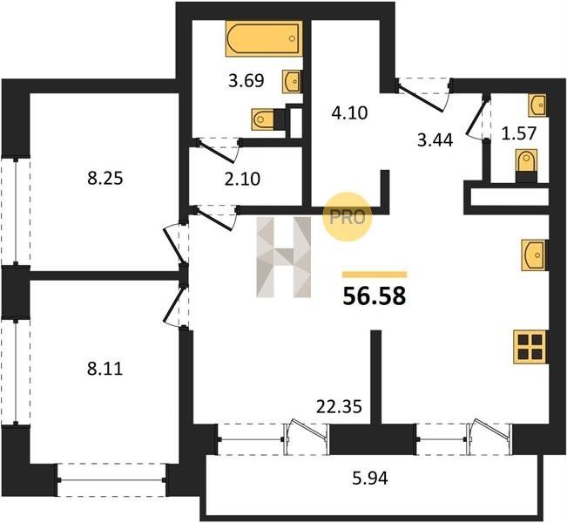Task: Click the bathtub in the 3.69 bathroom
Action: pyautogui.click(x=264, y=38)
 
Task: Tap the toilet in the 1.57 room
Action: pyautogui.click(x=526, y=166)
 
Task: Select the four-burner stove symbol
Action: pyautogui.click(x=530, y=346)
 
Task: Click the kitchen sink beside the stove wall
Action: pyautogui.click(x=534, y=255)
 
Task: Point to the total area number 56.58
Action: pyautogui.click(x=375, y=295)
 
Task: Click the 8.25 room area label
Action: pyautogui.click(x=105, y=179)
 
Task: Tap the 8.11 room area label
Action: pyautogui.click(x=105, y=370)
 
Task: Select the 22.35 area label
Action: pyautogui.click(x=339, y=407)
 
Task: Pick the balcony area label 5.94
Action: pyautogui.click(x=370, y=479)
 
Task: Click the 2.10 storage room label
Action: pyautogui.click(x=242, y=179)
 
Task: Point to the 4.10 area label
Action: pyautogui.click(x=349, y=113)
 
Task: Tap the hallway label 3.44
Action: pyautogui.click(x=435, y=140)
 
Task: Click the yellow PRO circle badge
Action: pyautogui.click(x=348, y=217)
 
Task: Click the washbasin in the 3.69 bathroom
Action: pyautogui.click(x=292, y=81)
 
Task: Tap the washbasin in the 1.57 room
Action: pyautogui.click(x=537, y=105)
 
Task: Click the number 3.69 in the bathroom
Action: pyautogui.click(x=246, y=80)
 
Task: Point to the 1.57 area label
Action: pyautogui.click(x=518, y=133)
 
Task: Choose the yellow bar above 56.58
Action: pyautogui.click(x=375, y=275)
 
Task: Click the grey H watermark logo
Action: pyautogui.click(x=284, y=257)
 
